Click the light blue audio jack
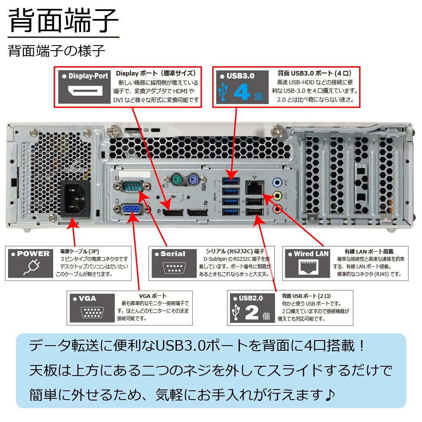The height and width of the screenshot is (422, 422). coord(277,182)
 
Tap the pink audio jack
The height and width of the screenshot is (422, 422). coord(277,208)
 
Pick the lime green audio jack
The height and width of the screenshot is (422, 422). coord(277,195)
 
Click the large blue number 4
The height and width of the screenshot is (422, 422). coord(242,92)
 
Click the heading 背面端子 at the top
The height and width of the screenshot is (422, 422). coord(63,21)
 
